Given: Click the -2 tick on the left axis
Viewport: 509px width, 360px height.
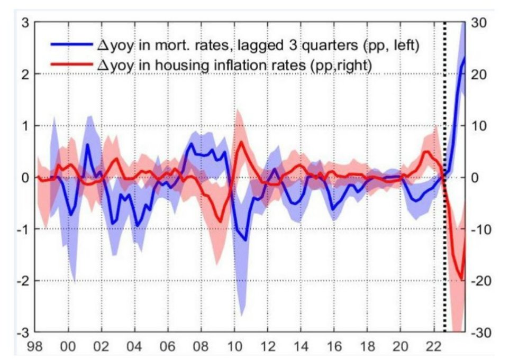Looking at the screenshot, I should coord(21,281).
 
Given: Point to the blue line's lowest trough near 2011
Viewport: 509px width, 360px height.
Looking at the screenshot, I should coord(246,240).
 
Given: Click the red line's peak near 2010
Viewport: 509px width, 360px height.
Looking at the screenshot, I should coord(241,142).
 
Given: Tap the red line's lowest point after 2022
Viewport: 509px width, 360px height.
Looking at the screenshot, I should coord(462,279).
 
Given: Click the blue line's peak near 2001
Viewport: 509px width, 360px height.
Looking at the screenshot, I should coord(87,144).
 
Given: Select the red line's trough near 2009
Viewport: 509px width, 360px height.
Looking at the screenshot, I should coord(220,221).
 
